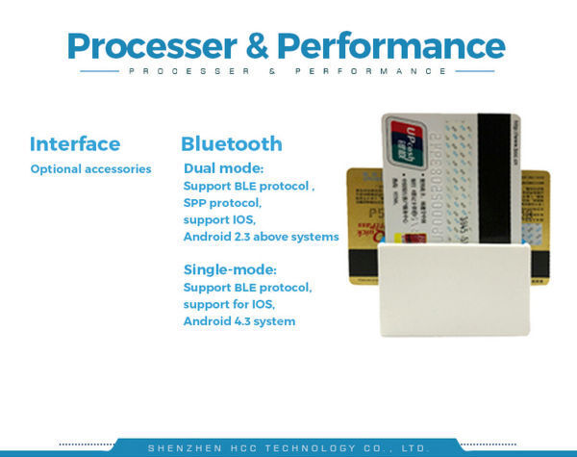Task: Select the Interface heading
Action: pyautogui.click(x=75, y=144)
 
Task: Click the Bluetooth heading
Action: pyautogui.click(x=232, y=144)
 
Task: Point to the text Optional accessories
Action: pyautogui.click(x=90, y=169)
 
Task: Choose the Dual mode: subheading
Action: pyautogui.click(x=223, y=168)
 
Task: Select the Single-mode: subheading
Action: pyautogui.click(x=230, y=269)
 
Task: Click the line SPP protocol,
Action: pyautogui.click(x=222, y=203)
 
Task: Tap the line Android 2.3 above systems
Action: pyautogui.click(x=261, y=237)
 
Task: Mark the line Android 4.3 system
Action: pyautogui.click(x=239, y=321)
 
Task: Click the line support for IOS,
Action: pyautogui.click(x=229, y=304)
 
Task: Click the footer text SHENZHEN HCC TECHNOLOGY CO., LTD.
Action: pyautogui.click(x=288, y=448)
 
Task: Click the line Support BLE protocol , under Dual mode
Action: pyautogui.click(x=249, y=186)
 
